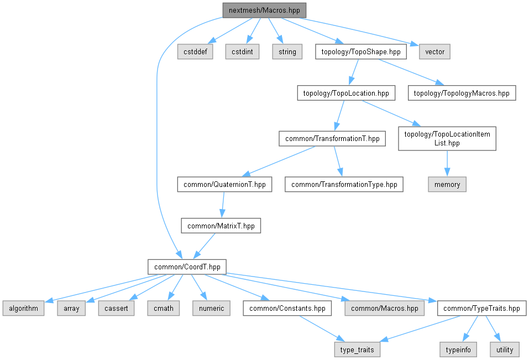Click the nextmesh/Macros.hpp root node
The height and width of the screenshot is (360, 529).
click(264, 11)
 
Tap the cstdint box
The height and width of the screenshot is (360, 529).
click(243, 52)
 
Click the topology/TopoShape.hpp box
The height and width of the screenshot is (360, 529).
click(361, 52)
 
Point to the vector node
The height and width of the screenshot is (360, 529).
click(434, 52)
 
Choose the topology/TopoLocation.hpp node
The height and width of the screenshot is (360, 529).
click(346, 93)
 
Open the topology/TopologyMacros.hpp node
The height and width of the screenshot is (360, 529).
click(462, 93)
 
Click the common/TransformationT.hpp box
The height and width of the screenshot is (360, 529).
click(332, 138)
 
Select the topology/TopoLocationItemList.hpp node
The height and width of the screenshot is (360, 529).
click(447, 138)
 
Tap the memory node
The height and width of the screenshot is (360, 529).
click(447, 185)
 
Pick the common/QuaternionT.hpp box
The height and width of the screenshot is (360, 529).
click(224, 184)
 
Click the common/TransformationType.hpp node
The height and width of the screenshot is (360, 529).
click(344, 184)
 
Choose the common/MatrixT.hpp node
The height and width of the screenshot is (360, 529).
click(221, 226)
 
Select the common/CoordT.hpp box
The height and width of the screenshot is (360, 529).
click(187, 267)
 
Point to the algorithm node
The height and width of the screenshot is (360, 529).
click(23, 309)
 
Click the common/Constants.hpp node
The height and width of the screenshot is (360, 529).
click(287, 309)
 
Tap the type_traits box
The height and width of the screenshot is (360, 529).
click(357, 349)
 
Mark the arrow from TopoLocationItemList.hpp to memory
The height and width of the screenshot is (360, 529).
click(447, 164)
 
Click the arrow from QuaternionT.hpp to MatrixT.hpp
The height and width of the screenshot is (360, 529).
click(223, 205)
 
